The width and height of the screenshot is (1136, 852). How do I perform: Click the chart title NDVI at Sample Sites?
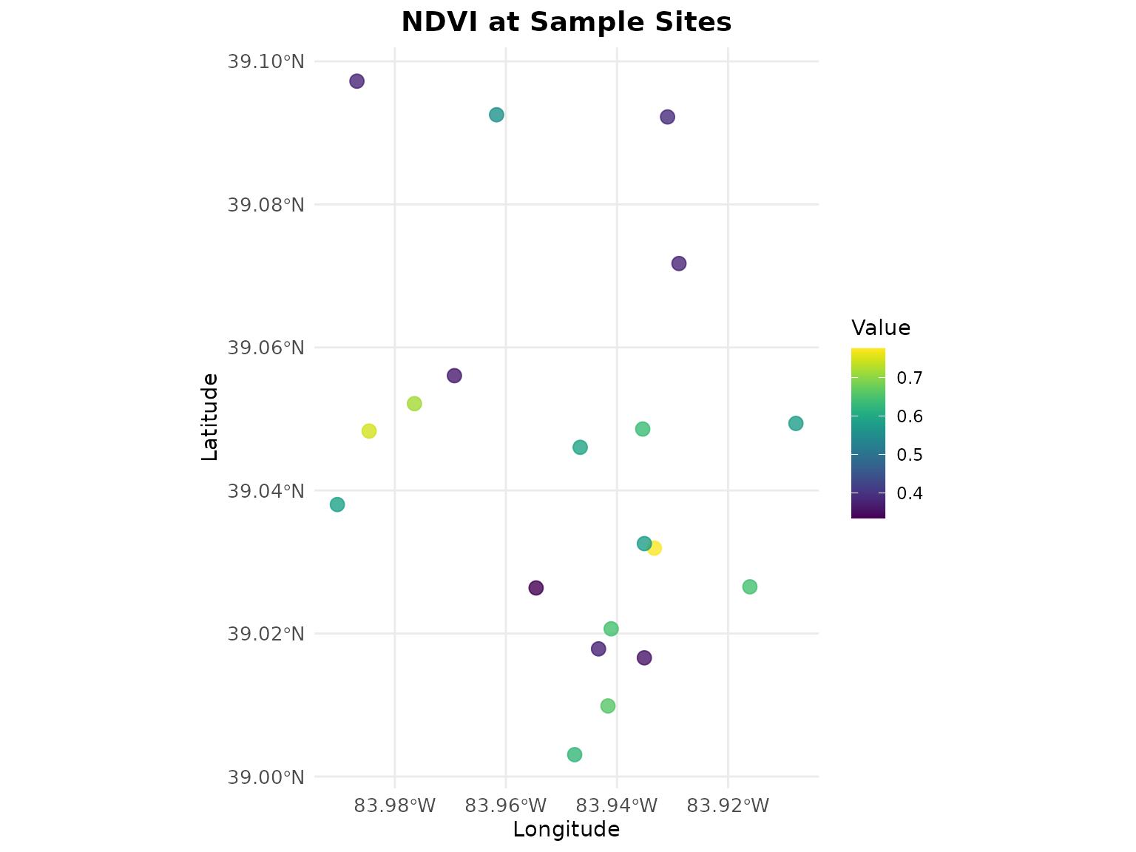(567, 22)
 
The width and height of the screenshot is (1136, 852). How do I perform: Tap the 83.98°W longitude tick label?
(395, 805)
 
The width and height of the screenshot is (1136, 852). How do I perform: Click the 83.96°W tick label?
(506, 805)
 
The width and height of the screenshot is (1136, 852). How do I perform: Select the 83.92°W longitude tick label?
(728, 805)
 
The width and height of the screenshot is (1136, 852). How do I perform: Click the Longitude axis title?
(567, 830)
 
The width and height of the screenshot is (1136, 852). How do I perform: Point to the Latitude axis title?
(210, 417)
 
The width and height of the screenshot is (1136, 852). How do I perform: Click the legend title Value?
(881, 328)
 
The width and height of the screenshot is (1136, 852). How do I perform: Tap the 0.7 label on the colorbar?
(910, 378)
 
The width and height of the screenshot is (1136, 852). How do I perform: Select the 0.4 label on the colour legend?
(910, 493)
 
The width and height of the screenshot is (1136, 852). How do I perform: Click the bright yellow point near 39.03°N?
(654, 548)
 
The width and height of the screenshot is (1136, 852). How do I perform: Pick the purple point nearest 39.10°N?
(356, 81)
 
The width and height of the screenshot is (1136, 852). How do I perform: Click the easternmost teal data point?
(796, 424)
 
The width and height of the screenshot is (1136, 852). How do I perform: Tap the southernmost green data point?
(575, 754)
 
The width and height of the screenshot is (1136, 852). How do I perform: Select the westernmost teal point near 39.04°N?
(337, 504)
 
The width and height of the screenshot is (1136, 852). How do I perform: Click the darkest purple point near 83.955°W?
(536, 588)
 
